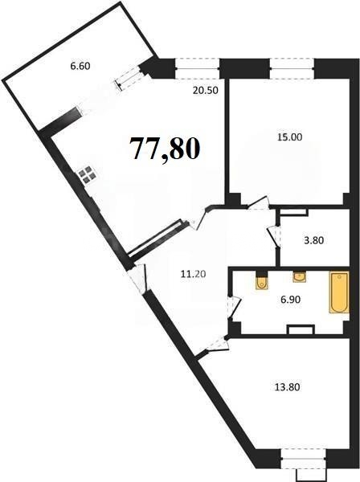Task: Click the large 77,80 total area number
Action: click(165, 149)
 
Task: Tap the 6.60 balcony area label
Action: click(80, 66)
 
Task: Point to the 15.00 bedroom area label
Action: click(289, 137)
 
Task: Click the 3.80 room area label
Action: click(313, 240)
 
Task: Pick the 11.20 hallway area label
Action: click(194, 273)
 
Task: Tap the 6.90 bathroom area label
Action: click(290, 299)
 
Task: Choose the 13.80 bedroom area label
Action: click(287, 387)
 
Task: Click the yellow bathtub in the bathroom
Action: click(339, 292)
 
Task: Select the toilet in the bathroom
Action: click(262, 281)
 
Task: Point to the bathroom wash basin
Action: click(298, 276)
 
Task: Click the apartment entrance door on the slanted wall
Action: click(137, 278)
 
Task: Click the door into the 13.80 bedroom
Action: click(219, 345)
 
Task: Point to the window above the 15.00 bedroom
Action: click(292, 68)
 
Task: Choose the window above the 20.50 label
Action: click(198, 68)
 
